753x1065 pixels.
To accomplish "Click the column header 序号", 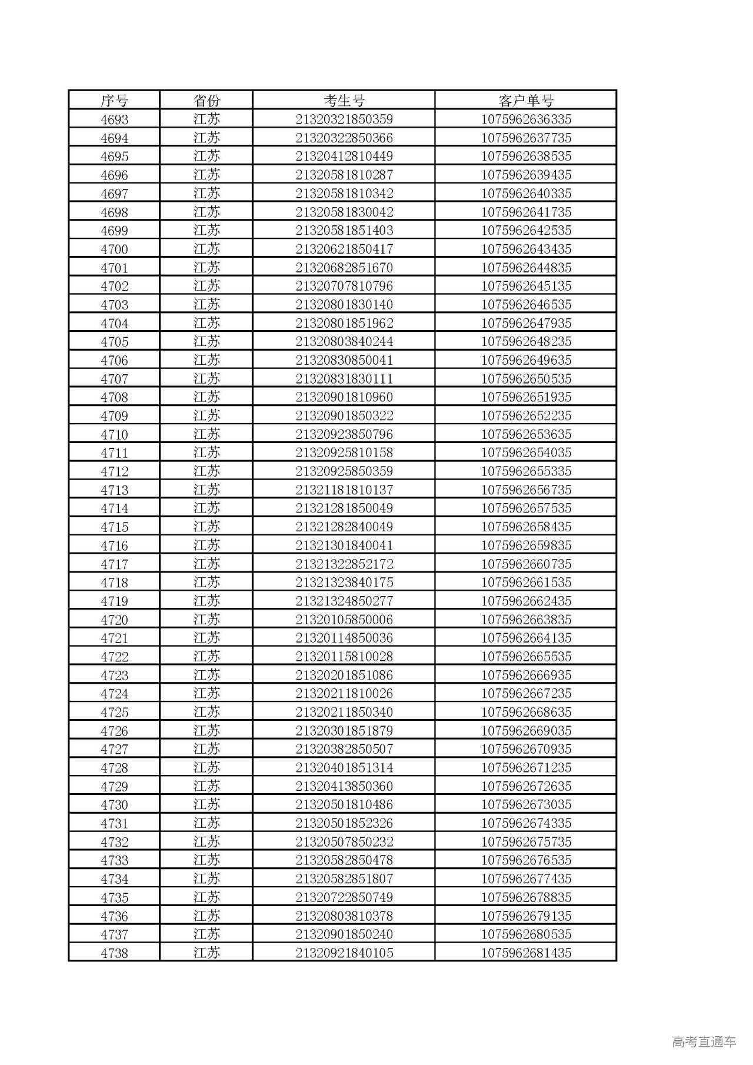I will click(114, 101).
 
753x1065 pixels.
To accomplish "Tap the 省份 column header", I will click(206, 101).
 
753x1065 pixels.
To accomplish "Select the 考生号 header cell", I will click(344, 101).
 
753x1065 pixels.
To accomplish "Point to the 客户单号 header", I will click(526, 101).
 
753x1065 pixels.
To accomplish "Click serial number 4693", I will click(114, 119).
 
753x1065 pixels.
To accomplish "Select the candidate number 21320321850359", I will click(344, 119).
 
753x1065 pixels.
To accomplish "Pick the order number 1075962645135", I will click(526, 286).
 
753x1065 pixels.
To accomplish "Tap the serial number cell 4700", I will click(114, 249).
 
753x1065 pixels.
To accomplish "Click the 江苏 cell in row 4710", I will click(206, 434).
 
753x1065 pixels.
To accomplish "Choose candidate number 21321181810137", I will click(344, 490).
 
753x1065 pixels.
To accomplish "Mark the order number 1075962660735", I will click(526, 564).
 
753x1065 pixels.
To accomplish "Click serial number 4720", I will click(114, 620).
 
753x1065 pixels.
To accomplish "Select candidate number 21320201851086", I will click(344, 675).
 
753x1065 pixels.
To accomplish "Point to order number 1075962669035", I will click(526, 731).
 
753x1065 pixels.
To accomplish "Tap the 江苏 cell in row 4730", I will click(206, 804).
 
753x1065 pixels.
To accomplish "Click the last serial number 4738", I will click(114, 953).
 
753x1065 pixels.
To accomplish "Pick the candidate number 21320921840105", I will click(344, 953).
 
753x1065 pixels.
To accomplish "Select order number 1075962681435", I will click(526, 953).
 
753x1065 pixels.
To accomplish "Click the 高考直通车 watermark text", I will click(704, 1041).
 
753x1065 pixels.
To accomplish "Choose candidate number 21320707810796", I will click(344, 286).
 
